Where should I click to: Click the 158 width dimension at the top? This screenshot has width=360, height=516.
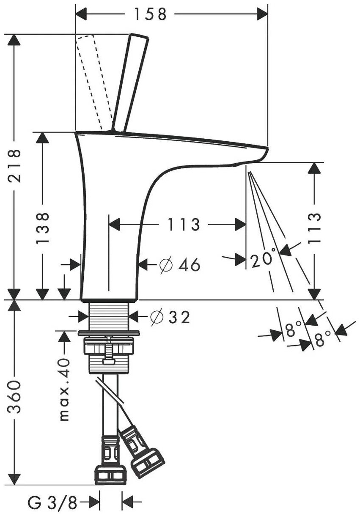150,14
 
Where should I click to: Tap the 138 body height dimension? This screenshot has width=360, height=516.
42,228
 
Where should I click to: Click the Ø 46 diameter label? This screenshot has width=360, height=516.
179,265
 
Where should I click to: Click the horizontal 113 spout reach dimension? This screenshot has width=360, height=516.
183,224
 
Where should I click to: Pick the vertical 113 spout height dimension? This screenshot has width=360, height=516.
314,229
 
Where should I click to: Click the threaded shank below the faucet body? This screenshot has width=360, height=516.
109,316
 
